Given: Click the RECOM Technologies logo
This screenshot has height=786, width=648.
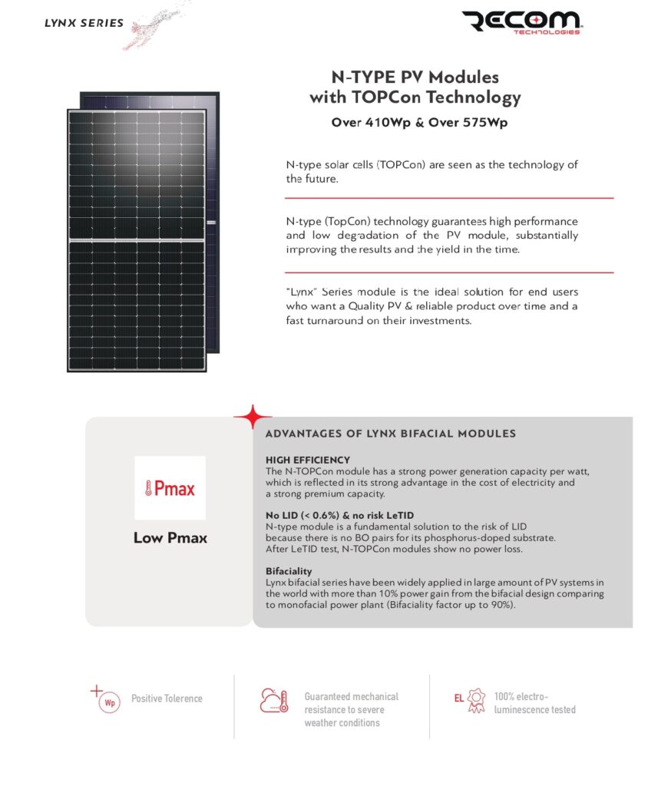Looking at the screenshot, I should click(x=522, y=24).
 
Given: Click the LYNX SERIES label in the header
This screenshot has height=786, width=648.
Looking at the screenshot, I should click(x=84, y=23).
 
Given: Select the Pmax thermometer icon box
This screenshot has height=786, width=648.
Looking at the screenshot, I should click(x=170, y=488).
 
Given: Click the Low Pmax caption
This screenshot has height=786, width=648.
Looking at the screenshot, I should click(x=170, y=538).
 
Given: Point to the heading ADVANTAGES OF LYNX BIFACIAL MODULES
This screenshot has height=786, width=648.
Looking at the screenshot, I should click(x=390, y=434).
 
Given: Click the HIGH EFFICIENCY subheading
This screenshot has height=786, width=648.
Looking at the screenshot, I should click(x=307, y=460).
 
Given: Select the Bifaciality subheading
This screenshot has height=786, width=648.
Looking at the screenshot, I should click(x=288, y=572).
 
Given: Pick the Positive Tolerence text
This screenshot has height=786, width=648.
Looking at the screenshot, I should click(x=167, y=698).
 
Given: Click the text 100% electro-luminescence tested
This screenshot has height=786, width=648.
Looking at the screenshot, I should click(x=534, y=703).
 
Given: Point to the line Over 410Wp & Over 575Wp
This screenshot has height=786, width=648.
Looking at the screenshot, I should click(x=415, y=123).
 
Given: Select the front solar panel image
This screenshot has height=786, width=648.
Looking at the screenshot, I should click(x=137, y=240).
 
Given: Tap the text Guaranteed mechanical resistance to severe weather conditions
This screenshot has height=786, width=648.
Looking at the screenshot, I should click(x=351, y=709).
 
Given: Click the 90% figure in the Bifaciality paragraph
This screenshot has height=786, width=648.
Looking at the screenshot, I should click(x=497, y=605).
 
